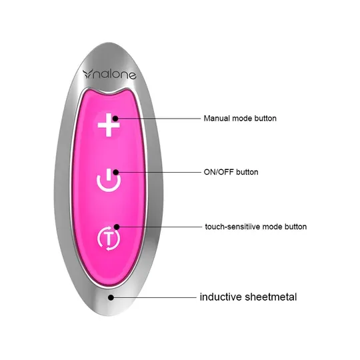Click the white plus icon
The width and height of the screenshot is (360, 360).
tap(109, 125)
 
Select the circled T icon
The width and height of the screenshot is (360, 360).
tap(109, 238)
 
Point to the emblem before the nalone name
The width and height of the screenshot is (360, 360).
tap(88, 74)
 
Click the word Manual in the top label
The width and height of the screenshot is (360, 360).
tap(217, 119)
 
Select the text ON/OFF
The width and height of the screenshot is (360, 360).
tap(219, 172)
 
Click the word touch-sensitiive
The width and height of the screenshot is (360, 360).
tap(233, 227)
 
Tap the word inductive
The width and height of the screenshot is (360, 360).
tap(221, 297)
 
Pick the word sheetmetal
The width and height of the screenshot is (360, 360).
tap(271, 297)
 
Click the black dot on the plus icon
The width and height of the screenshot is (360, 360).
tap(115, 119)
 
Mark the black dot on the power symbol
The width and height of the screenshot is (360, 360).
tap(116, 172)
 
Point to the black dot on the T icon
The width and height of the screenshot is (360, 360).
tap(117, 227)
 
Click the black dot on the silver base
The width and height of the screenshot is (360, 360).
tap(111, 297)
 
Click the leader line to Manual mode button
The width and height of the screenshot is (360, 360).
tap(159, 119)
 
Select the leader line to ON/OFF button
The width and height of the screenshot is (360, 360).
tap(159, 172)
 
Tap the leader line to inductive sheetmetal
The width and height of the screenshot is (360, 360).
tap(155, 297)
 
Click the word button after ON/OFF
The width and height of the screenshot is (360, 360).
tap(247, 172)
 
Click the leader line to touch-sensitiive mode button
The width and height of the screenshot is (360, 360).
tap(160, 227)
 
